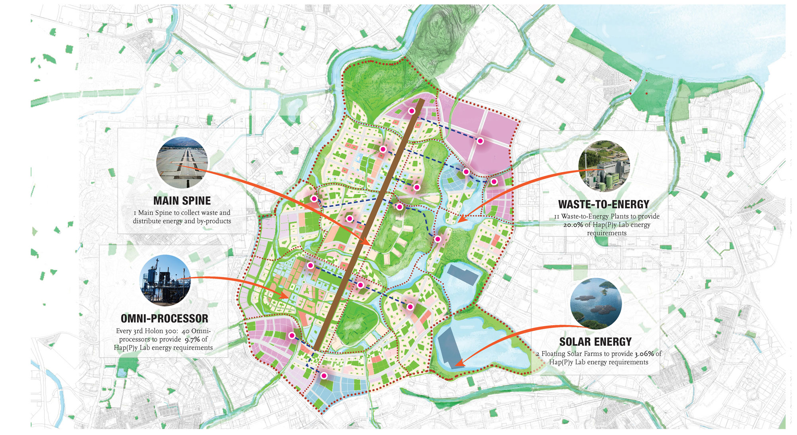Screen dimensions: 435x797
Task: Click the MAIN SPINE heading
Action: [182, 201]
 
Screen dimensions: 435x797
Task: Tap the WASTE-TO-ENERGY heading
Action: [604, 204]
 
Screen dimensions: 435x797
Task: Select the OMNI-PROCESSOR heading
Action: [164, 319]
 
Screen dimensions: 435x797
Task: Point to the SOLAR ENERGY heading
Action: [595, 342]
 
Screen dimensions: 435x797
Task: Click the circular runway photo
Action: [182, 163]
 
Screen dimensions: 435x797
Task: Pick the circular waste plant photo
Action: [604, 166]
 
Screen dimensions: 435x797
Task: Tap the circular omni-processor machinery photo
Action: [165, 280]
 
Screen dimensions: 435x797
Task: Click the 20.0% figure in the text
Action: [573, 225]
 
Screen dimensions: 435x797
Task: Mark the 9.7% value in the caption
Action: [192, 339]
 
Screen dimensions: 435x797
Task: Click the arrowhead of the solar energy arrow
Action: [458, 364]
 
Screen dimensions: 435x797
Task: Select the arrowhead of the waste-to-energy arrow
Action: [461, 219]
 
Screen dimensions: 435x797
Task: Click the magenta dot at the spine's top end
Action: [412, 111]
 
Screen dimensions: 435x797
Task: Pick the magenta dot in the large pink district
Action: [480, 141]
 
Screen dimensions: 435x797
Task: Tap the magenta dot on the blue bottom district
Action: [324, 376]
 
